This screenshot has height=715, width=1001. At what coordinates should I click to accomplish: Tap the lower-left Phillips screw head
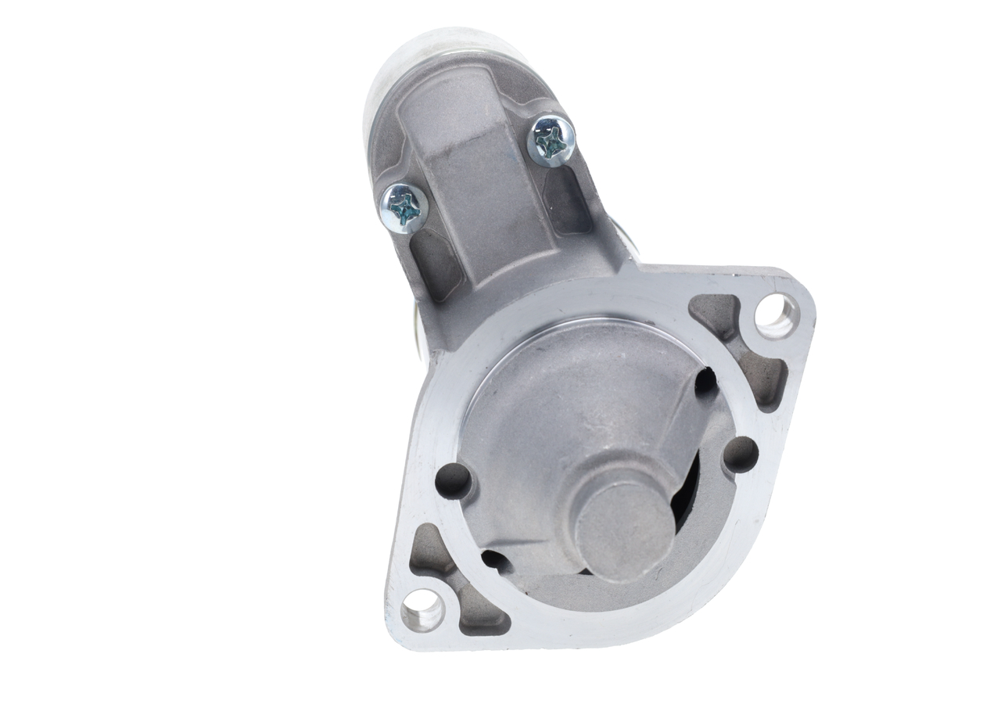(404, 208)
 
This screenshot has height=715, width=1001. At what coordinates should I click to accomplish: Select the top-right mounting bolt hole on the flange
(773, 317)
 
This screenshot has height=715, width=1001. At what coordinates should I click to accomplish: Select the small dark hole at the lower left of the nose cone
(493, 559)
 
